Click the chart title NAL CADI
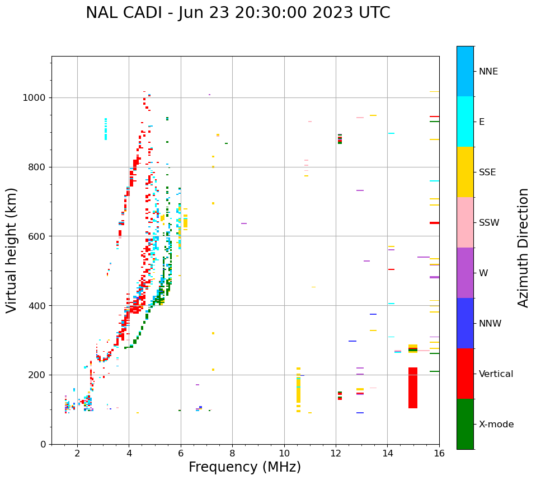pyautogui.click(x=238, y=13)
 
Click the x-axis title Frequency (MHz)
pyautogui.click(x=245, y=467)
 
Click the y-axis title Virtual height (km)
pyautogui.click(x=12, y=250)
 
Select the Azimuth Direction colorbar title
pyautogui.click(x=523, y=247)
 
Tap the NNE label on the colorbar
pyautogui.click(x=488, y=72)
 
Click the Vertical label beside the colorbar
pyautogui.click(x=496, y=374)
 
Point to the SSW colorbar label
pyautogui.click(x=489, y=223)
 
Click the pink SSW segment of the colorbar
pyautogui.click(x=465, y=222)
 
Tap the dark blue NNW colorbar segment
pyautogui.click(x=465, y=323)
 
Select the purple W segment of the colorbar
pyautogui.click(x=465, y=273)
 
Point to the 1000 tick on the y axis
pyautogui.click(x=37, y=97)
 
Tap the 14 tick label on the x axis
pyautogui.click(x=388, y=453)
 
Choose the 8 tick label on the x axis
pyautogui.click(x=233, y=453)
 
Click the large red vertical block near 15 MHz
pyautogui.click(x=413, y=388)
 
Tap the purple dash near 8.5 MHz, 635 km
pyautogui.click(x=244, y=223)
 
